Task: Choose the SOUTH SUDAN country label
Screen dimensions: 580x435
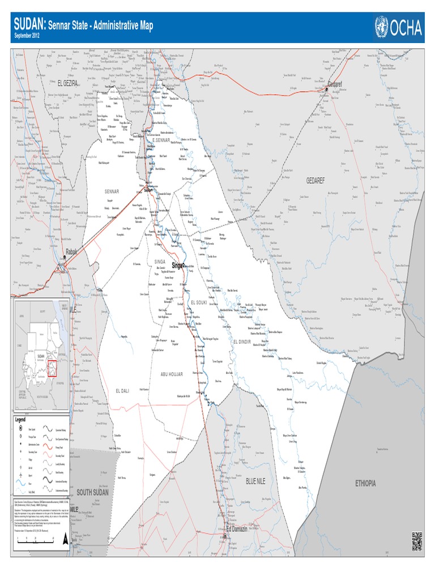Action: pyautogui.click(x=92, y=492)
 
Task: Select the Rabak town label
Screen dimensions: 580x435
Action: pyautogui.click(x=71, y=251)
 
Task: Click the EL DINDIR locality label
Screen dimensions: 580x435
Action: pyautogui.click(x=245, y=342)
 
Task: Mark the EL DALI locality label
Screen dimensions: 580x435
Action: pyautogui.click(x=123, y=391)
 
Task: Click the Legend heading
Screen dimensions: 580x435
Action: pyautogui.click(x=20, y=419)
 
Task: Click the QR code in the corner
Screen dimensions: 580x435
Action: pyautogui.click(x=417, y=541)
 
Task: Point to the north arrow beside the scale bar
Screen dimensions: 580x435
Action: pyautogui.click(x=67, y=538)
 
